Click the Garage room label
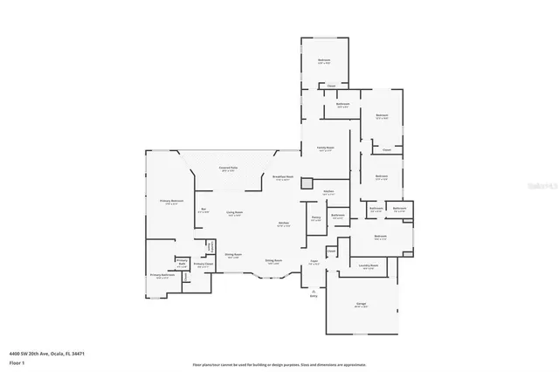tap(361, 305)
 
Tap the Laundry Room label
tap(368, 265)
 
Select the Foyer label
tap(314, 261)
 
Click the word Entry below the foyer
tap(314, 297)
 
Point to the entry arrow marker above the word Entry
tap(314, 291)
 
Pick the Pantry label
tap(316, 218)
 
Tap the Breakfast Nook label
tap(282, 178)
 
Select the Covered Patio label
tap(230, 169)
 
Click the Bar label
tap(204, 210)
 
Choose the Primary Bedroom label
tap(169, 202)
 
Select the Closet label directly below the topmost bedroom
tap(331, 86)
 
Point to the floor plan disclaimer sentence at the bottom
tap(279, 364)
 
